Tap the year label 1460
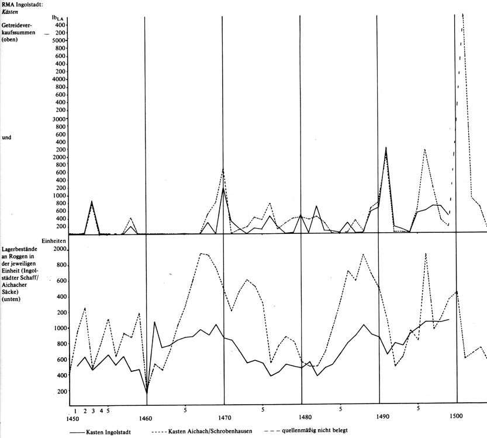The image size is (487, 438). click(146, 418)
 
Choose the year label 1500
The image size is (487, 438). click(456, 416)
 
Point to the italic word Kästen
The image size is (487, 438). click(12, 12)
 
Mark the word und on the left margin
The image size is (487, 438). click(7, 139)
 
